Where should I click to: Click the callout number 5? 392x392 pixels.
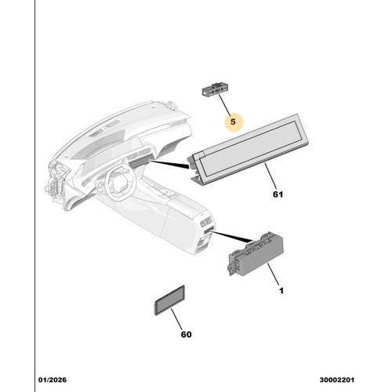[x=233, y=122]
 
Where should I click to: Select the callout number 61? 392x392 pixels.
[x=278, y=194]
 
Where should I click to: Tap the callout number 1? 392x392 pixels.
[x=281, y=291]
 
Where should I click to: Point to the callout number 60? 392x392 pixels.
[x=186, y=334]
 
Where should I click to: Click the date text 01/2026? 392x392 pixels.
[x=53, y=379]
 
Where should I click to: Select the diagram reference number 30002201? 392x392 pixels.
[x=337, y=379]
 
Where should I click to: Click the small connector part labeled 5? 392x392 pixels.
[x=214, y=89]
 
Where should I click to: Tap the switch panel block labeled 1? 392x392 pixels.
[x=256, y=253]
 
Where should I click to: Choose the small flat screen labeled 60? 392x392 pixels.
[x=170, y=300]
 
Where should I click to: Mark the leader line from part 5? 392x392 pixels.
[x=224, y=105]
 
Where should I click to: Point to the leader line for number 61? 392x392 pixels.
[x=270, y=176]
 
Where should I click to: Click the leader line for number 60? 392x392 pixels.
[x=176, y=319]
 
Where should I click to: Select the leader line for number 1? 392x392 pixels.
[x=273, y=274]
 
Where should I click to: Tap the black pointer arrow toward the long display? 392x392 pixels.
[x=169, y=164]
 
